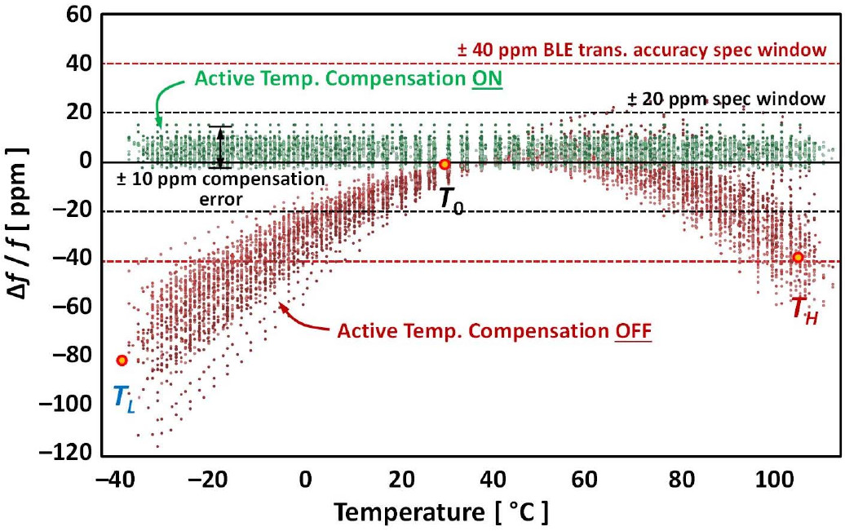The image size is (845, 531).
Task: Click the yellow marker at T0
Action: (x=445, y=164)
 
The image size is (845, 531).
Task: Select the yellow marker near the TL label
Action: (x=122, y=361)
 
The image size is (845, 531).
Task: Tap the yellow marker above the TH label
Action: (x=798, y=258)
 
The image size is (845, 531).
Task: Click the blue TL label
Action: (x=123, y=399)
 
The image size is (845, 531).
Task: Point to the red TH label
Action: (x=803, y=309)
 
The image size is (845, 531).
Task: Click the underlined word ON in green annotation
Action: (x=487, y=80)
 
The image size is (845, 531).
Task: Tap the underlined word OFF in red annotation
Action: (x=634, y=332)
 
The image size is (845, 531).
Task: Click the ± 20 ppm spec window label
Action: (x=726, y=100)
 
